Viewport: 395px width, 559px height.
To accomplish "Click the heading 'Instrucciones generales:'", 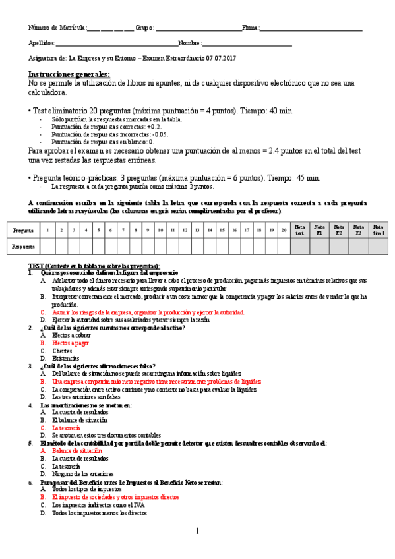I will pos(69,75).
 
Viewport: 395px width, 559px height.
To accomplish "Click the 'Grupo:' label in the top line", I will pos(144,28).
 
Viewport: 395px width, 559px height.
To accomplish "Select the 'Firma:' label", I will pos(251,28).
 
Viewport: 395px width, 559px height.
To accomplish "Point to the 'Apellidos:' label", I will pos(42,43).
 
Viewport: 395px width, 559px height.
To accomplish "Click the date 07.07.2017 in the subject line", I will pos(220,58).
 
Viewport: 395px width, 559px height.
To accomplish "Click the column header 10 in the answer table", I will pos(160,229).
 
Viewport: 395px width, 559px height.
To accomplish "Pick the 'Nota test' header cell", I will pos(300,229).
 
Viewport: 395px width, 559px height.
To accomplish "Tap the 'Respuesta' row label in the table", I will pos(24,246).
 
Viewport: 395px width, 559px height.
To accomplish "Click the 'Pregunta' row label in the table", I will pos(24,229).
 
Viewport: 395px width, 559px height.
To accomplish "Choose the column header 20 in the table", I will pos(283,229).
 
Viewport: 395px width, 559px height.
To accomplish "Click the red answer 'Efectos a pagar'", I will pos(71,343).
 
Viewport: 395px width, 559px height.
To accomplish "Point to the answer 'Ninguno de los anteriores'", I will pos(82,474).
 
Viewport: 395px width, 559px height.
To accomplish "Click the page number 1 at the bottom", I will pos(197,531).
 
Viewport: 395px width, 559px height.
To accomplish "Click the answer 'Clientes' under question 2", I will pos(62,351).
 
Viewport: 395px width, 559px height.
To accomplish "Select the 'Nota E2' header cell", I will pos(338,229).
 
